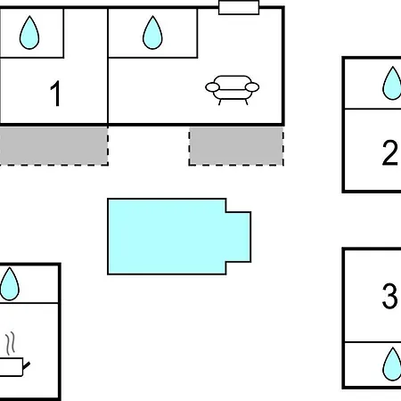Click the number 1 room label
56,94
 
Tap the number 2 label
389,152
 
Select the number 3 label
389,296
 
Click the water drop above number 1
29,33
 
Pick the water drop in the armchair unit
152,33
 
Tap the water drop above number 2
392,83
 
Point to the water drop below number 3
392,364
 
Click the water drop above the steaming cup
10,284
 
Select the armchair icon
233,90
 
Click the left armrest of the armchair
212,87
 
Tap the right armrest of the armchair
252,87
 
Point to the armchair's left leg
220,102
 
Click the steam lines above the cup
11,343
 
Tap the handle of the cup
27,365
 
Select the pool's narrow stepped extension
239,237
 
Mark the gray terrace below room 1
53,145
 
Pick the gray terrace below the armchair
236,146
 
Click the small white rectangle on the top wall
239,7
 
